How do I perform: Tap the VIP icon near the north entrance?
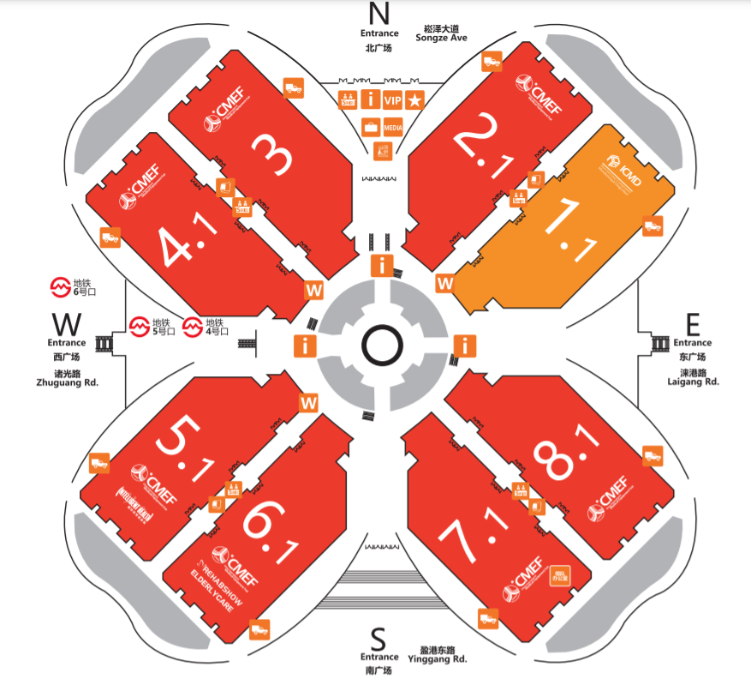393,100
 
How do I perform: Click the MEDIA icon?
393,128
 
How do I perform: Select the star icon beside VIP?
415,100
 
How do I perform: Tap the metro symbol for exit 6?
61,287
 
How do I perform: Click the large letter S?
378,638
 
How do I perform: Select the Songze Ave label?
442,38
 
